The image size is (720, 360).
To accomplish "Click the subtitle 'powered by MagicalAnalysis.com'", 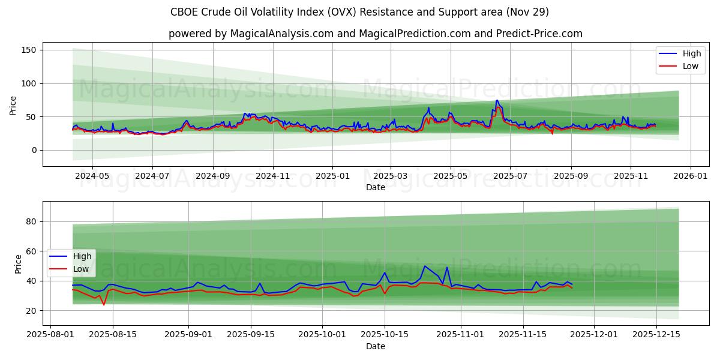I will (375, 34).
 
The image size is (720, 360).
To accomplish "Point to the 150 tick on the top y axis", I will (29, 50).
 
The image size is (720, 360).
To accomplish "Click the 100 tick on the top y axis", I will (29, 83).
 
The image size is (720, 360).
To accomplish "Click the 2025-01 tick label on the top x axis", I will (332, 176).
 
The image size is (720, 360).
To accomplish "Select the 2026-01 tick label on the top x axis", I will (691, 176).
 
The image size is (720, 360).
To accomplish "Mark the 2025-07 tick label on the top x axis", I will (509, 176).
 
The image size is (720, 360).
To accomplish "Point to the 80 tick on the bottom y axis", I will (31, 221).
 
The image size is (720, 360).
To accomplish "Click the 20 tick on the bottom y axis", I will (31, 310).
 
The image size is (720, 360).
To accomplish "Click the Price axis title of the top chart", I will (13, 104).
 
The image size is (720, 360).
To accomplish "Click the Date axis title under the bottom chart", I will (375, 347).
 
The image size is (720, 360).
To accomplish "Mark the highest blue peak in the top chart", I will (497, 100).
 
